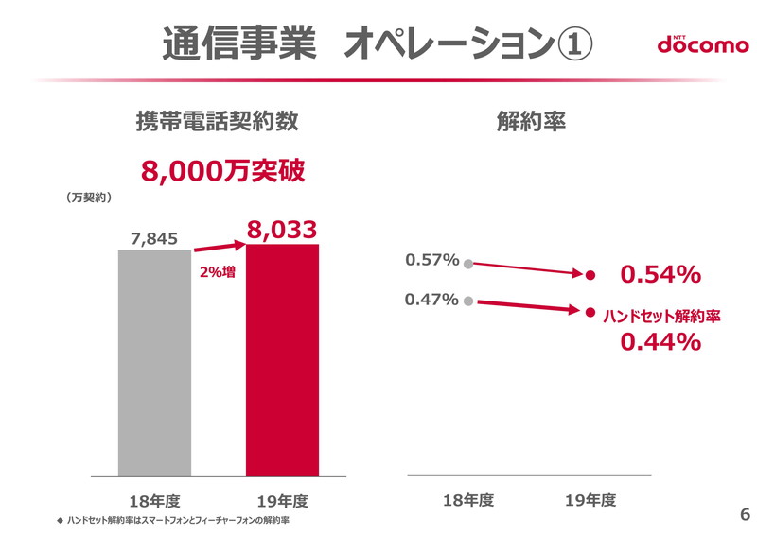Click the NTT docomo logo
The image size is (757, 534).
[702, 44]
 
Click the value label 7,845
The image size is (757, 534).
[155, 238]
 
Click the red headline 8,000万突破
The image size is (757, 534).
[223, 171]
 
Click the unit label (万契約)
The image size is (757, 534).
[90, 198]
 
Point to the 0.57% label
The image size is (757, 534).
[432, 259]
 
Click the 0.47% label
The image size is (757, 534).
[432, 300]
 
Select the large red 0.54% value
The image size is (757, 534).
[660, 275]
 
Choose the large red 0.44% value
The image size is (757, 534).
[660, 342]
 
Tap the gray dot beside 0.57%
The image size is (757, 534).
[467, 264]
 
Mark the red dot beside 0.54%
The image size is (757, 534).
[590, 276]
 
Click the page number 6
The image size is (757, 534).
[744, 515]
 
